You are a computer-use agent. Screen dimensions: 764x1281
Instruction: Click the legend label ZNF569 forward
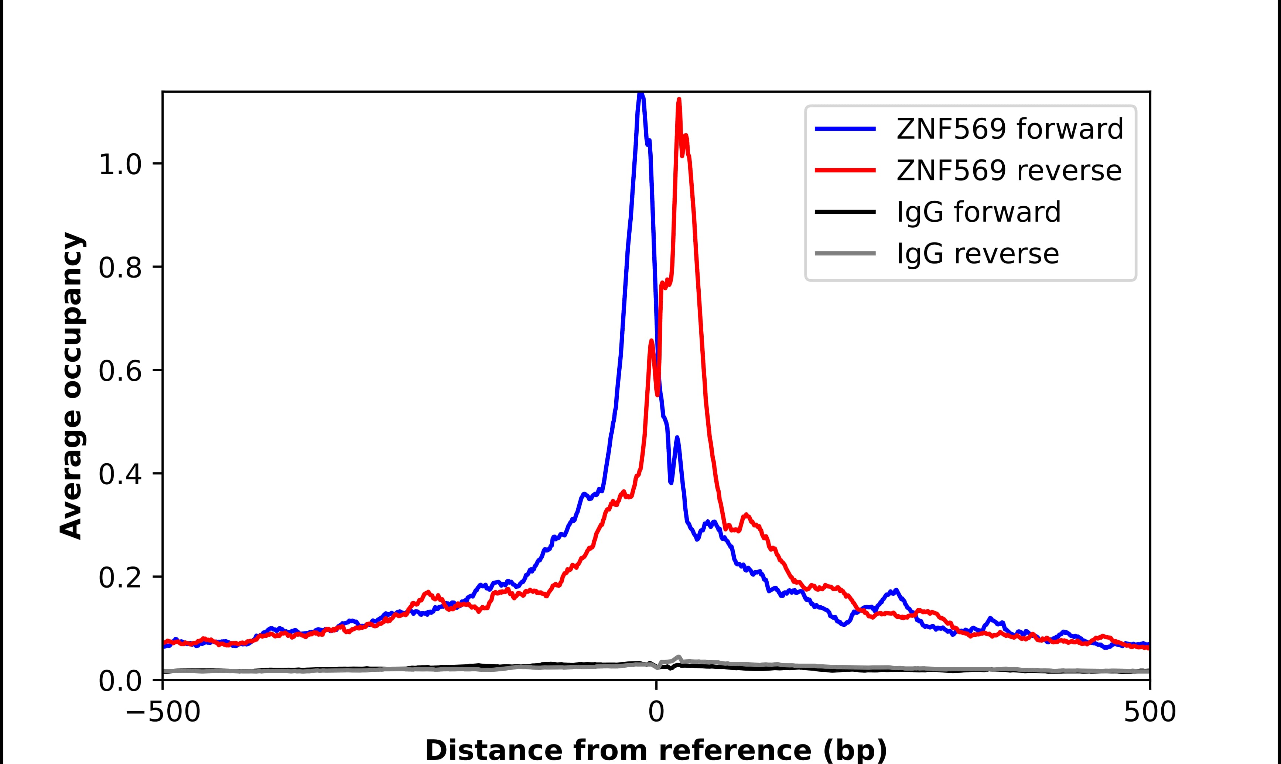(x=1010, y=129)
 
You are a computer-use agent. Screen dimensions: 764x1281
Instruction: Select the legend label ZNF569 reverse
(x=1008, y=171)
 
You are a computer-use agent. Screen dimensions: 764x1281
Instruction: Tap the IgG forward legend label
(x=978, y=212)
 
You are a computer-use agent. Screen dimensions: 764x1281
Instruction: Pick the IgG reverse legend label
(x=978, y=254)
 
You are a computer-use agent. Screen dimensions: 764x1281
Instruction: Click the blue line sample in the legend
(x=845, y=129)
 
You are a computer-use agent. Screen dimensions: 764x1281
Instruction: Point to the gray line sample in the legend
(x=845, y=253)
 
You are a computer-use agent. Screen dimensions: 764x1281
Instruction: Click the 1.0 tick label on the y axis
(x=120, y=166)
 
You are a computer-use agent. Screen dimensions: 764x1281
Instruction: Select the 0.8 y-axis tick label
(x=120, y=269)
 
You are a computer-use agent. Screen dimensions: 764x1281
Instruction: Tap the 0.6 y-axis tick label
(x=120, y=372)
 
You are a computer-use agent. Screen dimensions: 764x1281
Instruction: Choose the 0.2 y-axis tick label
(x=120, y=578)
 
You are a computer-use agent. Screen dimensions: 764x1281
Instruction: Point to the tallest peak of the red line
(x=679, y=100)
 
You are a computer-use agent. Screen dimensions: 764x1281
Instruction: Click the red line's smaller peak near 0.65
(x=652, y=341)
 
